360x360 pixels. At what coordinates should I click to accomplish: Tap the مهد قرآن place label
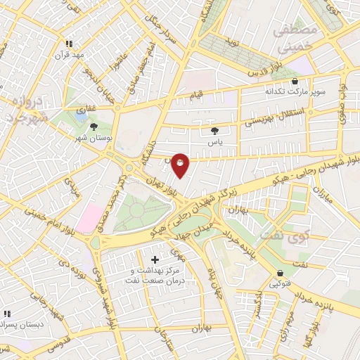tap(71, 55)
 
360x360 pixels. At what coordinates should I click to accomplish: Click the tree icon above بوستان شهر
tap(94, 126)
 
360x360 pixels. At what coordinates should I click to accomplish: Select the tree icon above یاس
tap(214, 130)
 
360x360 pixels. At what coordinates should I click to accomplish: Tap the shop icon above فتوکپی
tap(281, 274)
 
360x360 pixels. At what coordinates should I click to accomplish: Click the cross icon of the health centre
tap(155, 260)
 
